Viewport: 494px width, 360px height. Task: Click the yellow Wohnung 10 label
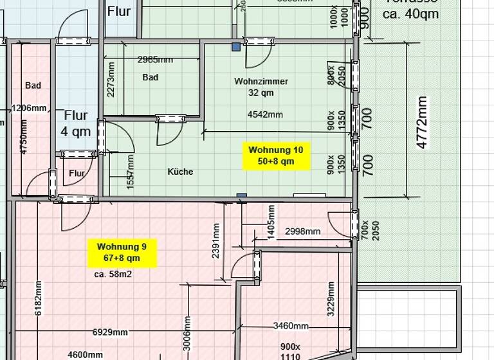pyautogui.click(x=275, y=155)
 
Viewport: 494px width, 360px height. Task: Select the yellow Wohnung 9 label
pyautogui.click(x=122, y=252)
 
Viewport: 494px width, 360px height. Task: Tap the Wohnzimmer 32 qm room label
pyautogui.click(x=261, y=87)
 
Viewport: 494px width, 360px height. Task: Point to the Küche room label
pyautogui.click(x=180, y=172)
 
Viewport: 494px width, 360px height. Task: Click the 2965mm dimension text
pyautogui.click(x=155, y=60)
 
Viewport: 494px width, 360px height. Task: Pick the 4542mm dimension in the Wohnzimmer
pyautogui.click(x=265, y=115)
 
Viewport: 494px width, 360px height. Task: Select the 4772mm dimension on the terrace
pyautogui.click(x=422, y=123)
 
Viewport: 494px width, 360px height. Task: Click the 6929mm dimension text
pyautogui.click(x=109, y=332)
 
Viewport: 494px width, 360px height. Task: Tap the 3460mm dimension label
pyautogui.click(x=291, y=326)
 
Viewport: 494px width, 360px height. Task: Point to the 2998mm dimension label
pyautogui.click(x=302, y=231)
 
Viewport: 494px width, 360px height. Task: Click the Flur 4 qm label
pyautogui.click(x=76, y=123)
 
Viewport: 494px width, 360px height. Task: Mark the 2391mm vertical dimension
pyautogui.click(x=215, y=240)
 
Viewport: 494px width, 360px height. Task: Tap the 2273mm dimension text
pyautogui.click(x=111, y=78)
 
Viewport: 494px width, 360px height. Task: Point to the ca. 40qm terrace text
pyautogui.click(x=411, y=13)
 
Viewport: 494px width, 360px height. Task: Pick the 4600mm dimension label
pyautogui.click(x=86, y=354)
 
